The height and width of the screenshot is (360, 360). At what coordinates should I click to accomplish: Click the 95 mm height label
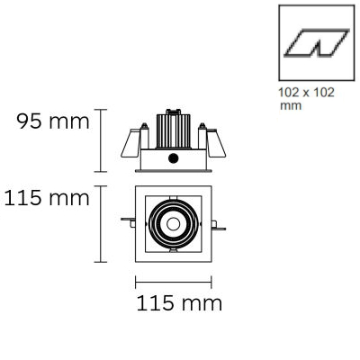point(53,121)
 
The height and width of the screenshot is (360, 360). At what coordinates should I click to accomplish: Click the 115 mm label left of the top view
point(47,198)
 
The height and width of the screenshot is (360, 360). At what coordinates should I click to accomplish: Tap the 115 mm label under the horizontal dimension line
point(179,302)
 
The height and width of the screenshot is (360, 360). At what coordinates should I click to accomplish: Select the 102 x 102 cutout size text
point(306,93)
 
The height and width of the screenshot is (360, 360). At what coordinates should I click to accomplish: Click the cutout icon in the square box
point(317,43)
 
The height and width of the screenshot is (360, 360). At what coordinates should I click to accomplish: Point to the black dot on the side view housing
point(173,158)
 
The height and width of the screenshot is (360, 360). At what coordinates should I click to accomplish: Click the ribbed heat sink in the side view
point(173,131)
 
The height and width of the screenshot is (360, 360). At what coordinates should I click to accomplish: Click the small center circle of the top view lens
point(174,224)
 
